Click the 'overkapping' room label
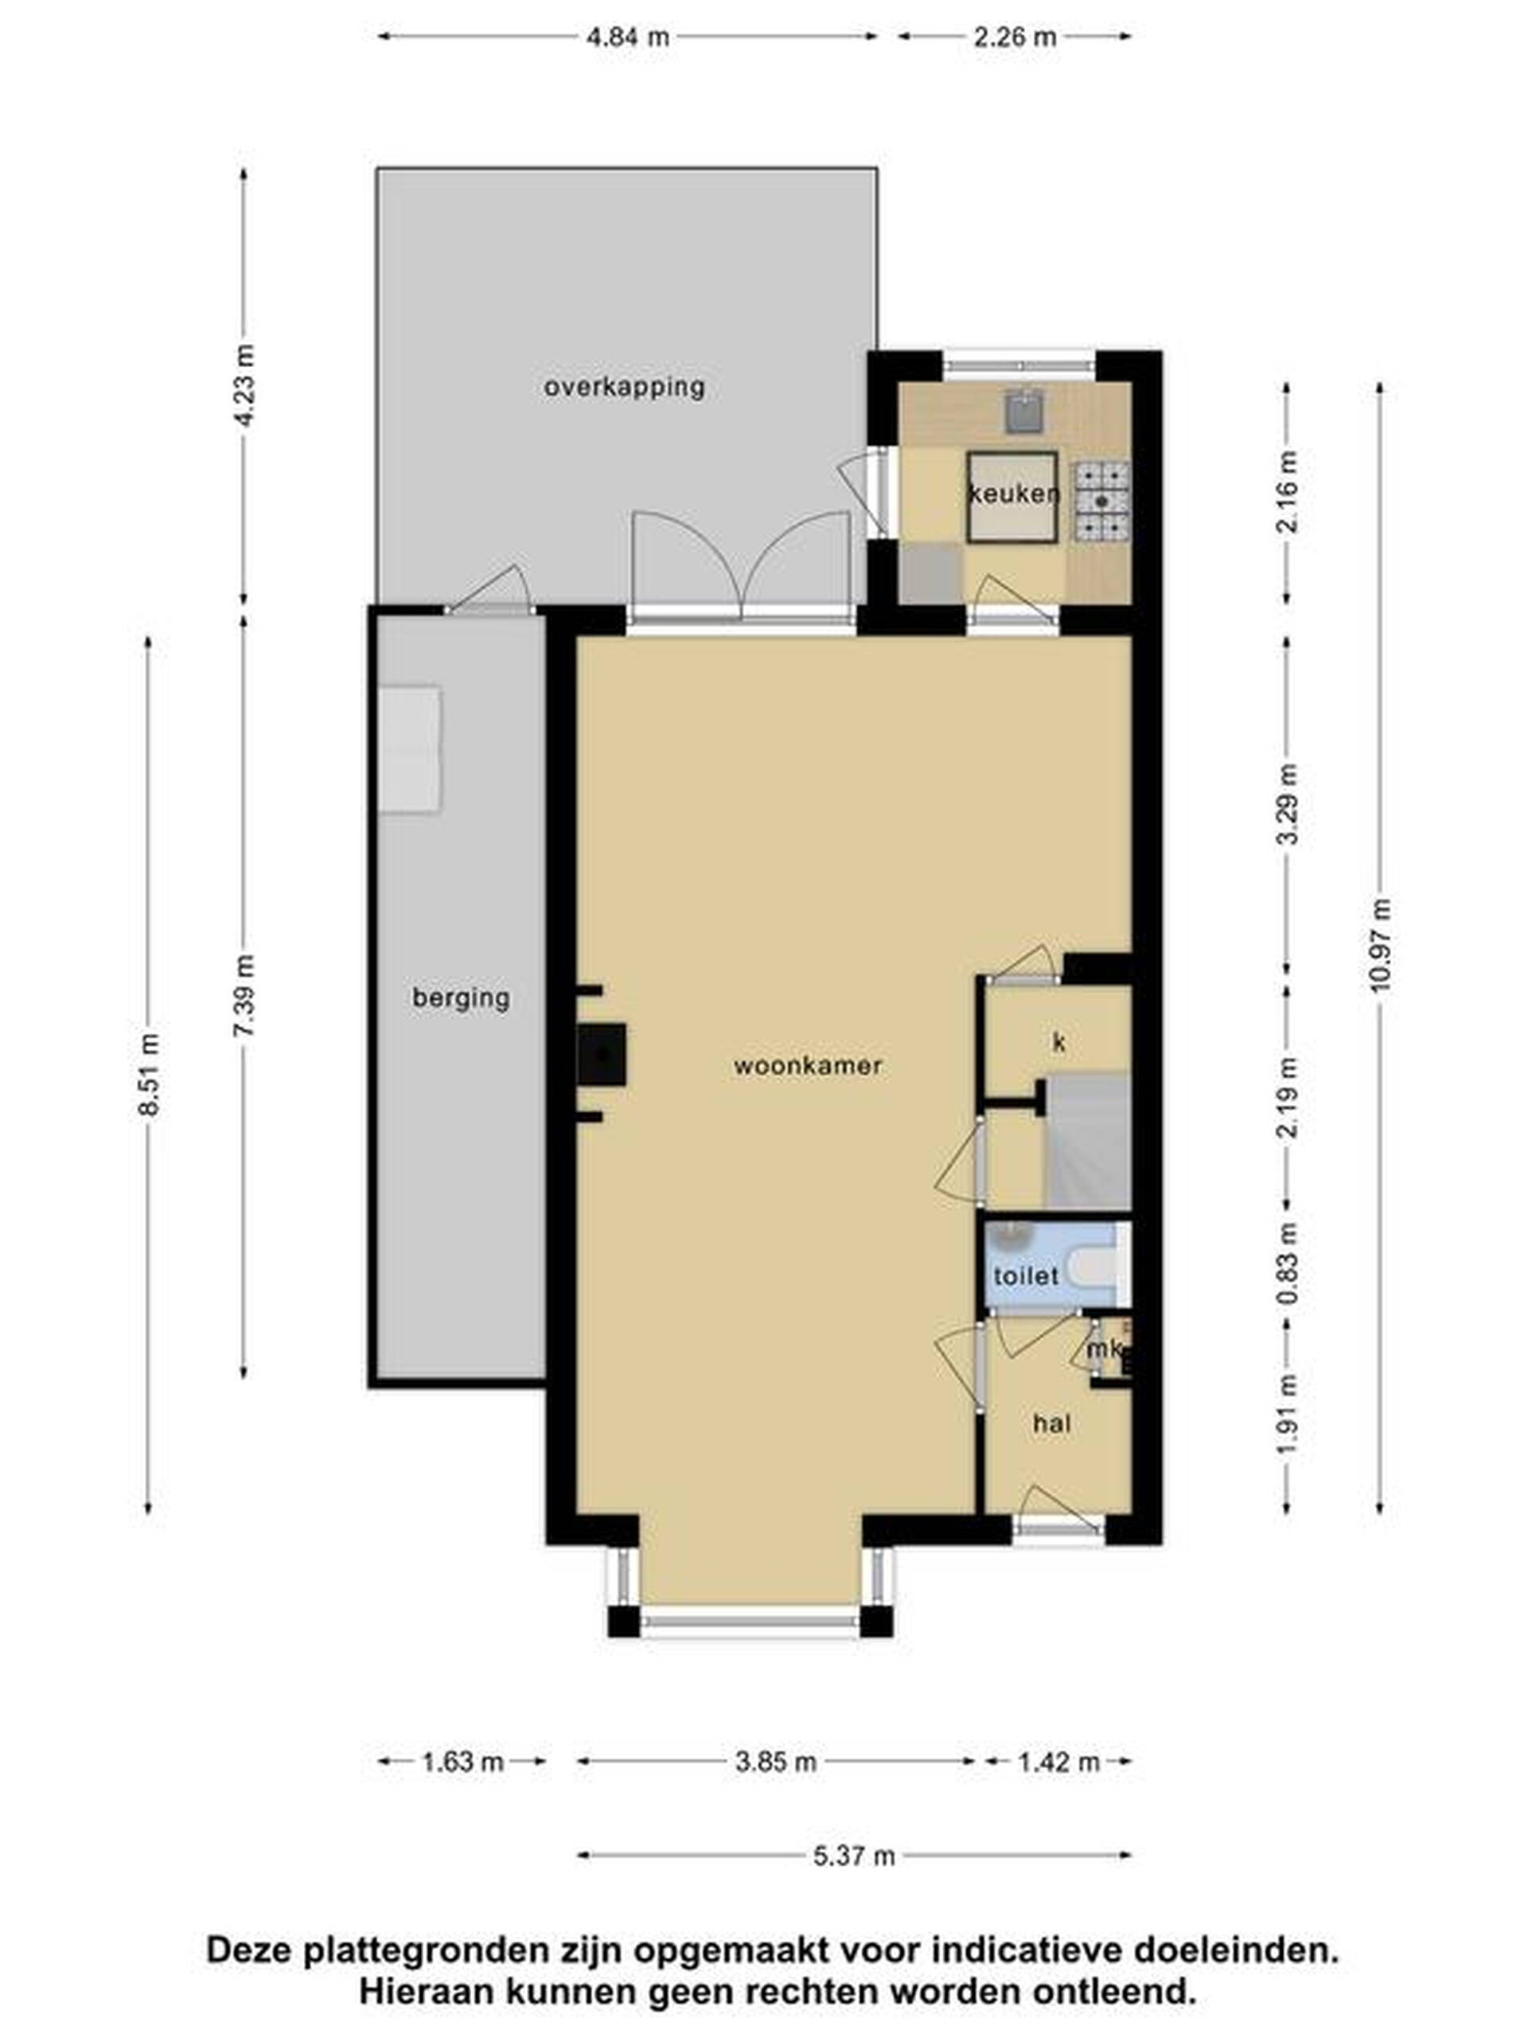pos(624,387)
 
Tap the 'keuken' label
pos(1013,494)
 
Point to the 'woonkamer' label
pos(808,1066)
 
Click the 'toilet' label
pos(1025,1276)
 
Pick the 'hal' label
pos(1052,1423)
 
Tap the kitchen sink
pos(1021,412)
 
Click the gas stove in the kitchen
pos(1102,500)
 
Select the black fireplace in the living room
pos(602,1054)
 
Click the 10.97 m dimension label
pos(1380,944)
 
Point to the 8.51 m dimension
pos(149,1074)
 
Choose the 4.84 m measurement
pos(628,37)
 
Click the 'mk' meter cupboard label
pos(1105,1349)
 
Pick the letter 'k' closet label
pos(1059,1042)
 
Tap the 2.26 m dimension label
pos(1014,37)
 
